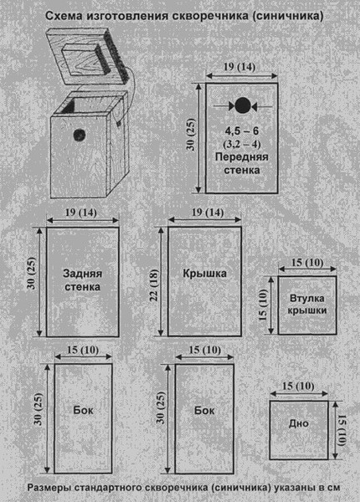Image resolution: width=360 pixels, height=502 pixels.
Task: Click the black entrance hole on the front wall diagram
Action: click(243, 105)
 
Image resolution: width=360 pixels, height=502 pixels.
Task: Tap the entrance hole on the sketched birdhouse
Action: click(80, 135)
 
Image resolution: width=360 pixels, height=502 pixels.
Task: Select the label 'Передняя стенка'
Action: click(241, 163)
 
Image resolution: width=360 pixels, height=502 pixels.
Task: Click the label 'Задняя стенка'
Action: click(82, 279)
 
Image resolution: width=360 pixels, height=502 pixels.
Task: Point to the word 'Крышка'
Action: click(204, 273)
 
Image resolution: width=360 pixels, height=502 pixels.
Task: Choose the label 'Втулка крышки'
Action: click(306, 305)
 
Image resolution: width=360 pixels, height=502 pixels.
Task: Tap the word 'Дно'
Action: click(299, 423)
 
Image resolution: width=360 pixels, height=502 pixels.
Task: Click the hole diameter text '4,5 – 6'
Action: click(241, 131)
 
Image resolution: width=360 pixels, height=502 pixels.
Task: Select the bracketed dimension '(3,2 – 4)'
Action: click(242, 144)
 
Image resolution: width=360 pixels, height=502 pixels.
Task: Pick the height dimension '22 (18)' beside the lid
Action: click(154, 285)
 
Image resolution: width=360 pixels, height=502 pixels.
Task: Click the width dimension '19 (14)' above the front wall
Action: click(239, 67)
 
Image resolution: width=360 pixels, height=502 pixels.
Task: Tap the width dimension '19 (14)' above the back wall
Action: click(80, 213)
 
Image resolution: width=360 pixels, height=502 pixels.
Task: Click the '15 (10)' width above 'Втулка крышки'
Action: click(307, 263)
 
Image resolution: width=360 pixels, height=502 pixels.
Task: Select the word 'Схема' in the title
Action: click(64, 16)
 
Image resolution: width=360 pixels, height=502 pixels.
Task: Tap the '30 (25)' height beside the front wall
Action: click(191, 135)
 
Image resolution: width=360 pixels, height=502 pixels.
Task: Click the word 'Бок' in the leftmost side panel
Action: click(83, 410)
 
